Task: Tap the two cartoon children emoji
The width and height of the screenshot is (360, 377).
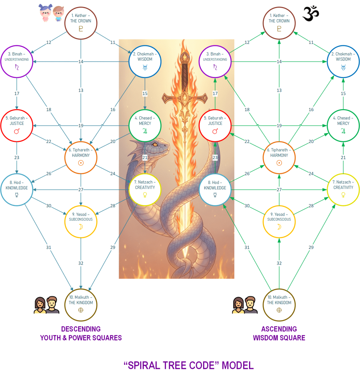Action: (51, 13)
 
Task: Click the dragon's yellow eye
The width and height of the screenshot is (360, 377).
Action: (155, 144)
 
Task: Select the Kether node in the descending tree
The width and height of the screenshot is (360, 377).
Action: (81, 23)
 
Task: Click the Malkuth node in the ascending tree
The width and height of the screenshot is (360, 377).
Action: (279, 305)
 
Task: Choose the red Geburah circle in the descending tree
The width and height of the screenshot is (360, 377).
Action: (17, 126)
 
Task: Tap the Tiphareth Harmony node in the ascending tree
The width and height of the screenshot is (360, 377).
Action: (279, 158)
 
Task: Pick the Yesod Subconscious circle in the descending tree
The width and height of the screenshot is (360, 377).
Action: (81, 221)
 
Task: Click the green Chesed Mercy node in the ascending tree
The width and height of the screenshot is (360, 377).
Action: (343, 126)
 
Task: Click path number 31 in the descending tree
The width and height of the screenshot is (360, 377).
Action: (49, 247)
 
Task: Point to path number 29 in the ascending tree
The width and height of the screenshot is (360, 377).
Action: (311, 247)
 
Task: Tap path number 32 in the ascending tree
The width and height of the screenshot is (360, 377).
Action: (279, 263)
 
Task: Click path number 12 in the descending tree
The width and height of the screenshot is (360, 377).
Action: (49, 43)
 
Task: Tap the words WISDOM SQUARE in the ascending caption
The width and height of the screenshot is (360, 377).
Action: (279, 338)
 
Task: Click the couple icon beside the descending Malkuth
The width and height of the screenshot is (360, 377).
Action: (46, 305)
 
